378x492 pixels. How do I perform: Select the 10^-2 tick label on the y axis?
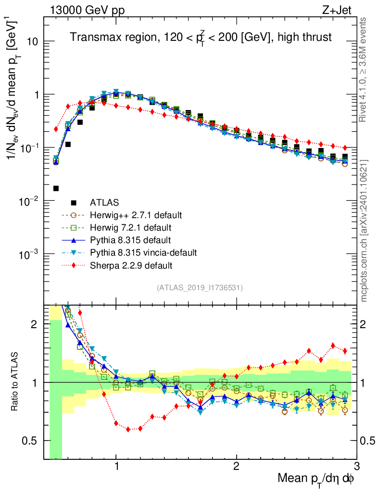[x=29, y=201]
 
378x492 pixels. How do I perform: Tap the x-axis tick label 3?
[x=356, y=467]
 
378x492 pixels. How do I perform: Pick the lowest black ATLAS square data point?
[x=56, y=188]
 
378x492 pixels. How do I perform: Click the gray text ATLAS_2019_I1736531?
[x=200, y=288]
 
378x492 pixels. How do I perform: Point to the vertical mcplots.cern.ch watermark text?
[x=365, y=231]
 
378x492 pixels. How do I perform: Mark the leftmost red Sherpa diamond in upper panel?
[x=56, y=129]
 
